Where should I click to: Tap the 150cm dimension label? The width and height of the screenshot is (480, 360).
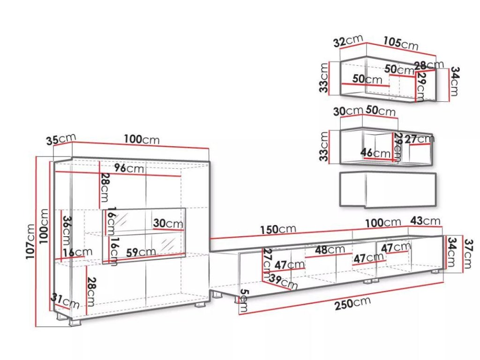click(278, 230)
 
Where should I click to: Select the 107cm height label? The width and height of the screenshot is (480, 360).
click(31, 241)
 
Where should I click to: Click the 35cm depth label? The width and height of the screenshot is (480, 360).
click(61, 140)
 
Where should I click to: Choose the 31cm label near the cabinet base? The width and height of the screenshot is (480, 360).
click(65, 301)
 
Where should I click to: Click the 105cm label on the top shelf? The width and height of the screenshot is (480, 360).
click(401, 44)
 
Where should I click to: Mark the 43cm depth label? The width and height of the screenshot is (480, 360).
click(425, 221)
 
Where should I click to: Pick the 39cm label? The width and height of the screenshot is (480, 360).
click(283, 282)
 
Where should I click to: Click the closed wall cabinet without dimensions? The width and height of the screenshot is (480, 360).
click(387, 189)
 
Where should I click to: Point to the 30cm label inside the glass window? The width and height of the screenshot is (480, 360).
click(168, 224)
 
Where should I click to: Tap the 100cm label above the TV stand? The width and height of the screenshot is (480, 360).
click(383, 223)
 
